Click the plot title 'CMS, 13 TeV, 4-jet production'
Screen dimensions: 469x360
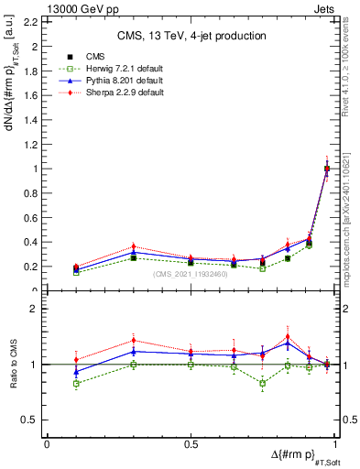pyautogui.click(x=191, y=36)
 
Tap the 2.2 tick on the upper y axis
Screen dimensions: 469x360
pyautogui.click(x=31, y=21)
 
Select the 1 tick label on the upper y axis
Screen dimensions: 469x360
pyautogui.click(x=36, y=169)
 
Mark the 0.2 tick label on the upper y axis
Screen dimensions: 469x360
pyautogui.click(x=31, y=267)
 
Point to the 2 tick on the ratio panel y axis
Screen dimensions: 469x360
pyautogui.click(x=36, y=310)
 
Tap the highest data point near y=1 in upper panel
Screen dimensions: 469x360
pyautogui.click(x=327, y=169)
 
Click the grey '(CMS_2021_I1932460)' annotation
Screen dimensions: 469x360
pyautogui.click(x=190, y=274)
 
